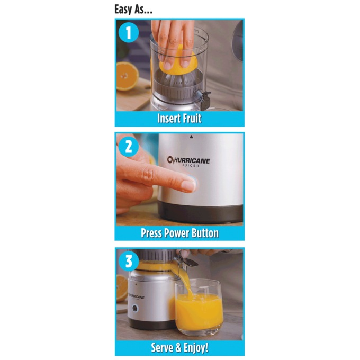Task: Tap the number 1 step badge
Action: click(129, 33)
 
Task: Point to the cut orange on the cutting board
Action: click(128, 76)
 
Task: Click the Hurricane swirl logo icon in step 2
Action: click(170, 159)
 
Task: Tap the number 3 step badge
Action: click(129, 262)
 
